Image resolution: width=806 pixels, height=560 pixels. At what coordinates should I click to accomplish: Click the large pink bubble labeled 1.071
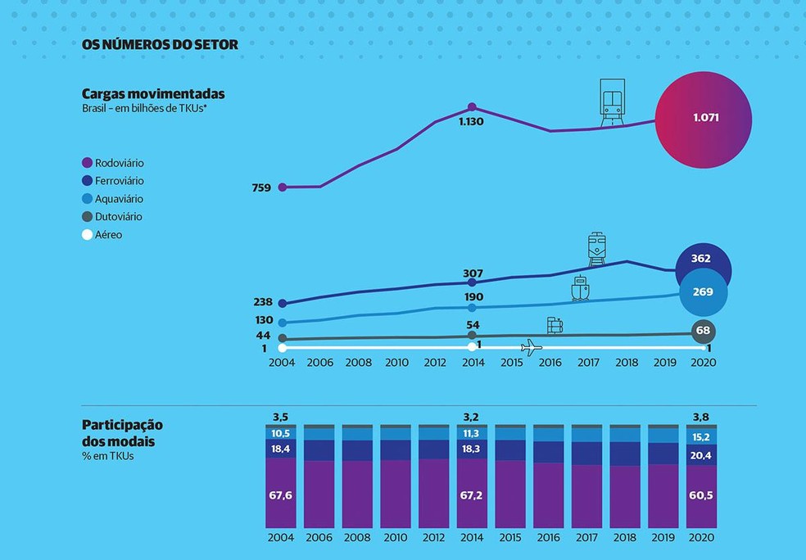pos(704,118)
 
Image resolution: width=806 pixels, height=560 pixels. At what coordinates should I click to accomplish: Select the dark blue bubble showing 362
pos(700,259)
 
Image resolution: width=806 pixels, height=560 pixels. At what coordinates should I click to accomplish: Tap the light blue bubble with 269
pos(702,291)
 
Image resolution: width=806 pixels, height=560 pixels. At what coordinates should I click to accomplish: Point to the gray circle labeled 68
pos(702,330)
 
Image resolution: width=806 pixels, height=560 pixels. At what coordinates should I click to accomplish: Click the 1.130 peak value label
pos(472,121)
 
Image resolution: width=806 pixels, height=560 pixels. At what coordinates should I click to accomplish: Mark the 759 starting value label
pos(261,187)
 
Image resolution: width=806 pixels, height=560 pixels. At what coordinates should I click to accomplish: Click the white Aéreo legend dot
pos(88,235)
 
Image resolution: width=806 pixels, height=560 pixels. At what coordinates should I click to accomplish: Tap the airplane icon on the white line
pos(532,347)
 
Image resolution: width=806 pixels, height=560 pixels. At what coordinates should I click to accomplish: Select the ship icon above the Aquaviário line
pos(580,289)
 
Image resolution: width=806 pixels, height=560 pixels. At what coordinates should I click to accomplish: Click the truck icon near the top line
pos(611,102)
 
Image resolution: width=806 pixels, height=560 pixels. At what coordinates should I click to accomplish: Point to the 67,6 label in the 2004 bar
pos(281,495)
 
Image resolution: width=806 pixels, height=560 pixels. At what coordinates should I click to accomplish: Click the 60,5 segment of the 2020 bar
pos(701,495)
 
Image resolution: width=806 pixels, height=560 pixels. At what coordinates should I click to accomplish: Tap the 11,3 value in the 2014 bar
pos(471,433)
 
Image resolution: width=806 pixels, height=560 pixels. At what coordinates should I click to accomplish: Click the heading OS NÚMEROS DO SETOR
pos(160,45)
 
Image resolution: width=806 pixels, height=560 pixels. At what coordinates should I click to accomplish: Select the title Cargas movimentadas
pos(153,94)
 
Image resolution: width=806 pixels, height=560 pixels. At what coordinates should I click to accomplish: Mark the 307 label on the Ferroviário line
pos(473,273)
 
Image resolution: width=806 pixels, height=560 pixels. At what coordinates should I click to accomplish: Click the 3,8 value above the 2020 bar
pos(701,416)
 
